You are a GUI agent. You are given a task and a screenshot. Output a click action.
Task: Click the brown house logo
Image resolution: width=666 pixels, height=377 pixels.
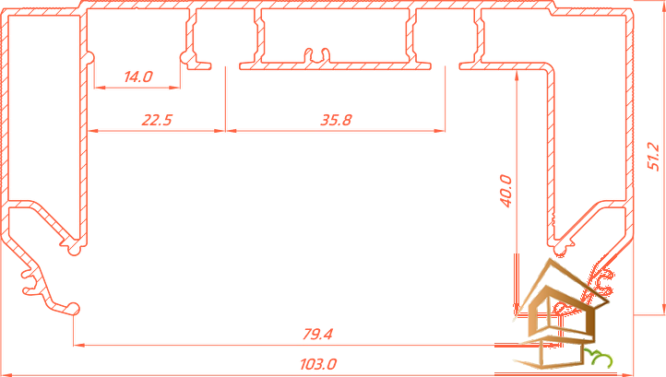click(551, 313)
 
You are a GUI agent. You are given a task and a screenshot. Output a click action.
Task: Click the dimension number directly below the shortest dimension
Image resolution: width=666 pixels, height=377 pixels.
click(153, 118)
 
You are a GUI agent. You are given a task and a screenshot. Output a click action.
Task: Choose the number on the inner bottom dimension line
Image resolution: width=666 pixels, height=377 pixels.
click(319, 332)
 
